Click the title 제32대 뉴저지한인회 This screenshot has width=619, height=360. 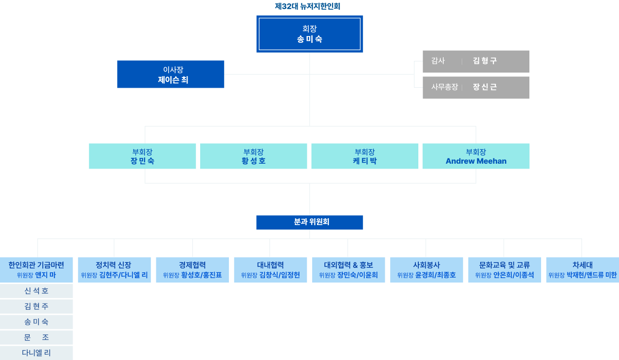[307, 6]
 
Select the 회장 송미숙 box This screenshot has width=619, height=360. [310, 34]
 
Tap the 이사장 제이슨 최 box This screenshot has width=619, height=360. [170, 74]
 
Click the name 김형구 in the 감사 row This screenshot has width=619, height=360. [485, 61]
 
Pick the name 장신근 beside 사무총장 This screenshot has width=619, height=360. [485, 87]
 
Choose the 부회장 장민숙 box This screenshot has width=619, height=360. [142, 156]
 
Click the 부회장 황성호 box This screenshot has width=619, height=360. [253, 156]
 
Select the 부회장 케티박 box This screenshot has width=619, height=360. [364, 156]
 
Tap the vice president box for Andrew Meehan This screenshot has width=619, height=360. [476, 156]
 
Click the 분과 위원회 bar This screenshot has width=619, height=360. [310, 222]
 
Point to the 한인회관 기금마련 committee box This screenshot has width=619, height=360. [37, 270]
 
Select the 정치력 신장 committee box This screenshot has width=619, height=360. [114, 270]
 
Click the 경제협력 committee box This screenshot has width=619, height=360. [192, 270]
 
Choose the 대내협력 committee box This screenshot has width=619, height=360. [270, 270]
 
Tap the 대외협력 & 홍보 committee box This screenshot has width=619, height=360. [348, 270]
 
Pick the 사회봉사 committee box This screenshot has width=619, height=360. [426, 270]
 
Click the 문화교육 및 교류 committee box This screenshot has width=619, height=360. [504, 270]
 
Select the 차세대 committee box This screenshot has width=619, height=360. [582, 270]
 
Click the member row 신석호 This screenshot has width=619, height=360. [37, 291]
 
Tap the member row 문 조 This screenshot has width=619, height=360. [37, 337]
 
